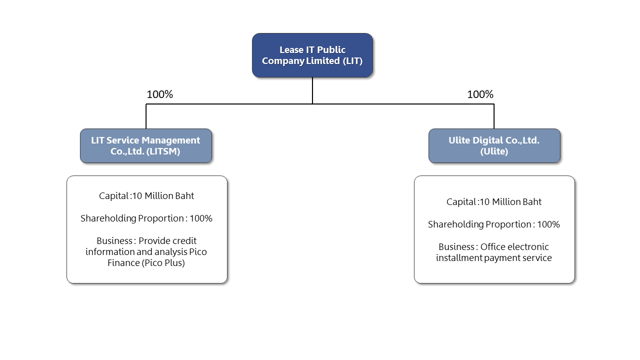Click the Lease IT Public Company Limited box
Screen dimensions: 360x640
coord(312,55)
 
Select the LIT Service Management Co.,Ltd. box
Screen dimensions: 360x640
coord(145,145)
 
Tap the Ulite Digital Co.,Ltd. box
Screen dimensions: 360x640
coord(494,145)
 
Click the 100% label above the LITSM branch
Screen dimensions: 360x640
coord(159,94)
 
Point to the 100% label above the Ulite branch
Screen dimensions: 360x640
coord(480,94)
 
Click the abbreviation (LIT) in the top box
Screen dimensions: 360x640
coord(352,61)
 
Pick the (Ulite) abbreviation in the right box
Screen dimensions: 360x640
coord(494,151)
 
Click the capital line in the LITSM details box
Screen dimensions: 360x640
coord(146,196)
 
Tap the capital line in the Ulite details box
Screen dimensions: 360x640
coord(494,202)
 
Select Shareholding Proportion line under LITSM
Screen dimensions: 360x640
coord(146,218)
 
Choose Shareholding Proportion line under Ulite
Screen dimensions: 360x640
coord(494,224)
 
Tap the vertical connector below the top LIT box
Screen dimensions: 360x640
coord(312,90)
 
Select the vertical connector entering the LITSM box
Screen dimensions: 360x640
coord(146,116)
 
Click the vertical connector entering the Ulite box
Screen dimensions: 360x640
coord(494,116)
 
